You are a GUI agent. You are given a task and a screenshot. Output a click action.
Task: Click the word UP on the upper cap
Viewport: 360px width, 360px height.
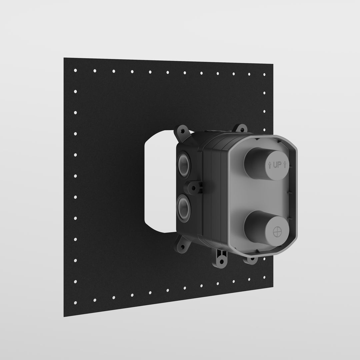(277, 165)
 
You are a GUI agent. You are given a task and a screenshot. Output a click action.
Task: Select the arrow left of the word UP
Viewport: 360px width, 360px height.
(269, 164)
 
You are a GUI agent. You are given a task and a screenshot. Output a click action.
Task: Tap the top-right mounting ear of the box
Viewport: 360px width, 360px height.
(240, 128)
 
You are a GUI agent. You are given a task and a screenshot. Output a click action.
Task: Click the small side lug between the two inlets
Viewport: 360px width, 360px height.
(194, 188)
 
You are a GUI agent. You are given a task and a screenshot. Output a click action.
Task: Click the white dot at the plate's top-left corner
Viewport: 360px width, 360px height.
(75, 70)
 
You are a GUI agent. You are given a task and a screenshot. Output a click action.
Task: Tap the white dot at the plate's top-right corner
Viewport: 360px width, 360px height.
(265, 75)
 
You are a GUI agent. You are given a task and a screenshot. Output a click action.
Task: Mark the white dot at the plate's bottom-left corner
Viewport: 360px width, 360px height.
(75, 303)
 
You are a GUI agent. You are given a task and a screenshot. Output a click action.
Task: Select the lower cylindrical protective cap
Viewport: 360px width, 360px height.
(263, 230)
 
